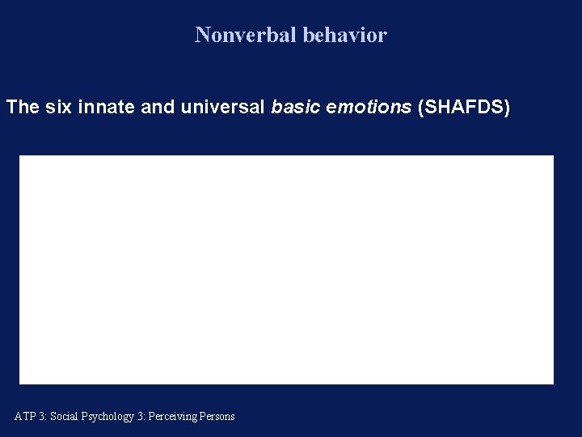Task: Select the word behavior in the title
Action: pos(345,35)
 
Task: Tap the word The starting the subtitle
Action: pos(23,107)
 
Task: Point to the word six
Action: pos(61,107)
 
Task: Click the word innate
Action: pos(108,107)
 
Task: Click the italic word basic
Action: pos(295,107)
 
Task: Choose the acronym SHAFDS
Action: pos(464,107)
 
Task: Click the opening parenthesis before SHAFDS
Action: pos(421,107)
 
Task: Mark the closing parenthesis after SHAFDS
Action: pos(507,107)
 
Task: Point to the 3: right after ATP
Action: pos(42,417)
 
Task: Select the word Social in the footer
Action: pos(64,417)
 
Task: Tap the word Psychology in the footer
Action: pos(107,417)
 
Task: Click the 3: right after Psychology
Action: pos(141,417)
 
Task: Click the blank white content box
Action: pos(286,269)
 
